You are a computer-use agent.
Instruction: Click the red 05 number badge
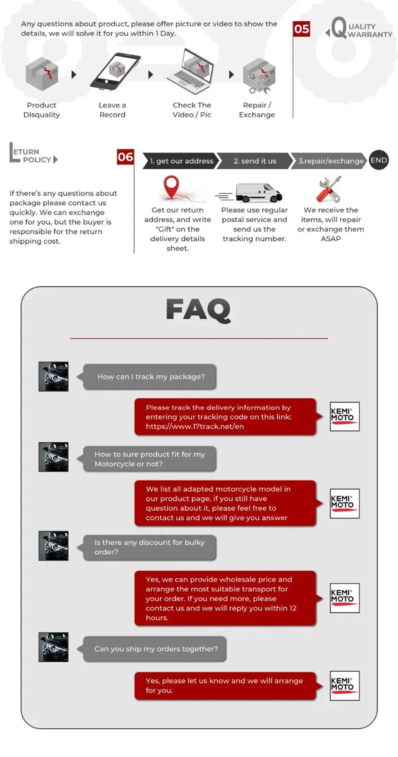(301, 29)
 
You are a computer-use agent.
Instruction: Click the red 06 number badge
(125, 157)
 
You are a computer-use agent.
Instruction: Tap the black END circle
(378, 160)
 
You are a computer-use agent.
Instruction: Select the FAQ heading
(198, 310)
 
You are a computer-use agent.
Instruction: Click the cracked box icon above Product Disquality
(42, 74)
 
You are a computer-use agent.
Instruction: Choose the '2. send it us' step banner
(255, 161)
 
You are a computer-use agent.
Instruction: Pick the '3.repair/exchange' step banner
(330, 161)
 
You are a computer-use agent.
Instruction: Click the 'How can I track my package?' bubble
(150, 377)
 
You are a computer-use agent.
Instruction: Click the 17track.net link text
(195, 426)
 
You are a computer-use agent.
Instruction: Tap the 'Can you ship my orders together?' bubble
(155, 649)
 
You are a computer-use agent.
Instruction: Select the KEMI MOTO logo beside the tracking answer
(344, 417)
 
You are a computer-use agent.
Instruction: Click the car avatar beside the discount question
(53, 546)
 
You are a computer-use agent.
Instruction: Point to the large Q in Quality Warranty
(338, 28)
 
